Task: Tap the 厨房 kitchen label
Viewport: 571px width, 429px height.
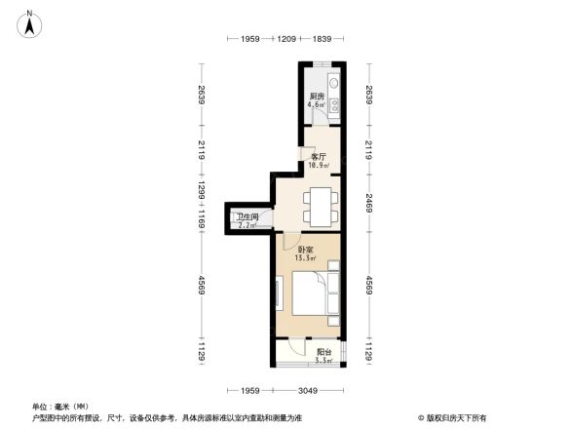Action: pos(316,96)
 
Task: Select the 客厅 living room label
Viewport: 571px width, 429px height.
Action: pos(317,156)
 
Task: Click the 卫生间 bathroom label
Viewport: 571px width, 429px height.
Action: pos(246,218)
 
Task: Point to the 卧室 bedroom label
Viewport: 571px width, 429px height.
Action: pos(305,250)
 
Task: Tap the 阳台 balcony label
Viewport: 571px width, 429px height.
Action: pos(324,352)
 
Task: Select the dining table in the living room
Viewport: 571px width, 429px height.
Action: pos(321,205)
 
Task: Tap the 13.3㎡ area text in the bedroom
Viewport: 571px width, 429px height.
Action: pos(305,259)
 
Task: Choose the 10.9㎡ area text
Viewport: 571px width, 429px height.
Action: pos(317,165)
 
